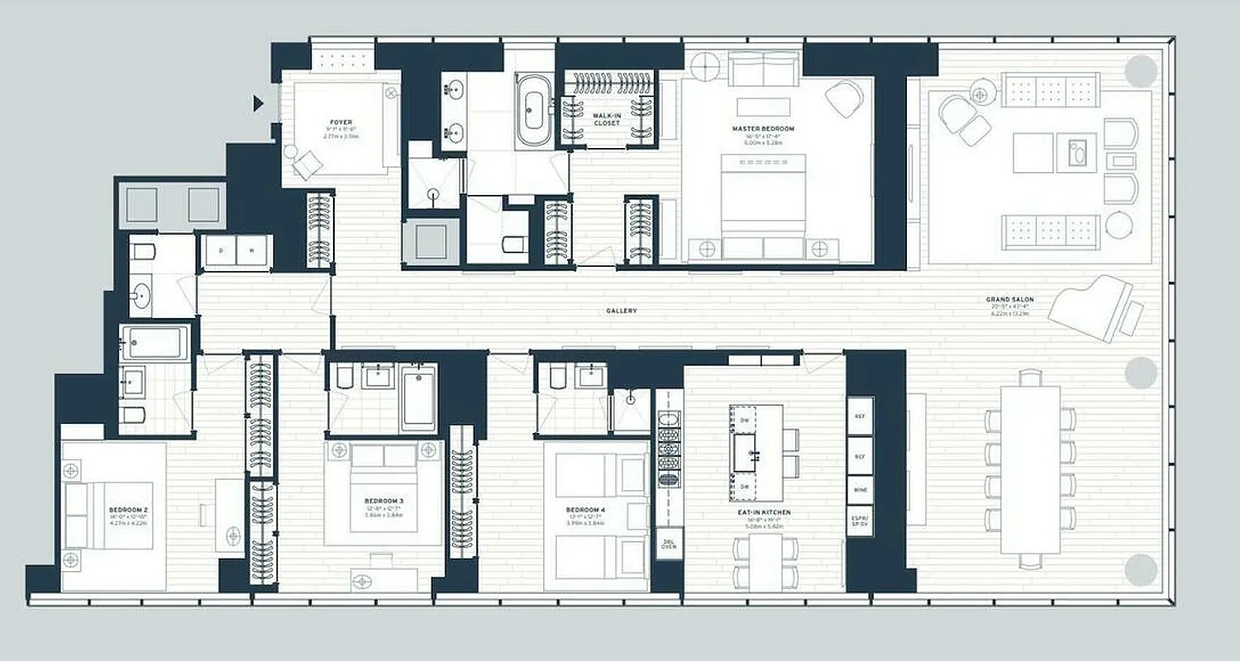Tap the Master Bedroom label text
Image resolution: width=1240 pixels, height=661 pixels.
click(x=763, y=129)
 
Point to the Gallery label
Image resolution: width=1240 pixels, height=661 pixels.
click(x=621, y=311)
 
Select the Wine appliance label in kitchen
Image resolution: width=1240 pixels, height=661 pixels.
click(x=860, y=490)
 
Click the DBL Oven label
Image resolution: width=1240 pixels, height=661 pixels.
click(x=669, y=545)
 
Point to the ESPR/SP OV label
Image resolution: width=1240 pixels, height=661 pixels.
click(x=860, y=521)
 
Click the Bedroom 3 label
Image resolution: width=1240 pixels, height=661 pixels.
click(x=384, y=501)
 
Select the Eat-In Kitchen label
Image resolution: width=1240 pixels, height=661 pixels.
click(x=765, y=512)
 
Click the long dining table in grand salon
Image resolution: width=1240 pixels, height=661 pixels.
click(x=1030, y=468)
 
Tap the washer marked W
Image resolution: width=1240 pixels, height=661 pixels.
click(x=252, y=250)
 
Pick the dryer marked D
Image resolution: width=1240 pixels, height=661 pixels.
click(x=222, y=250)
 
